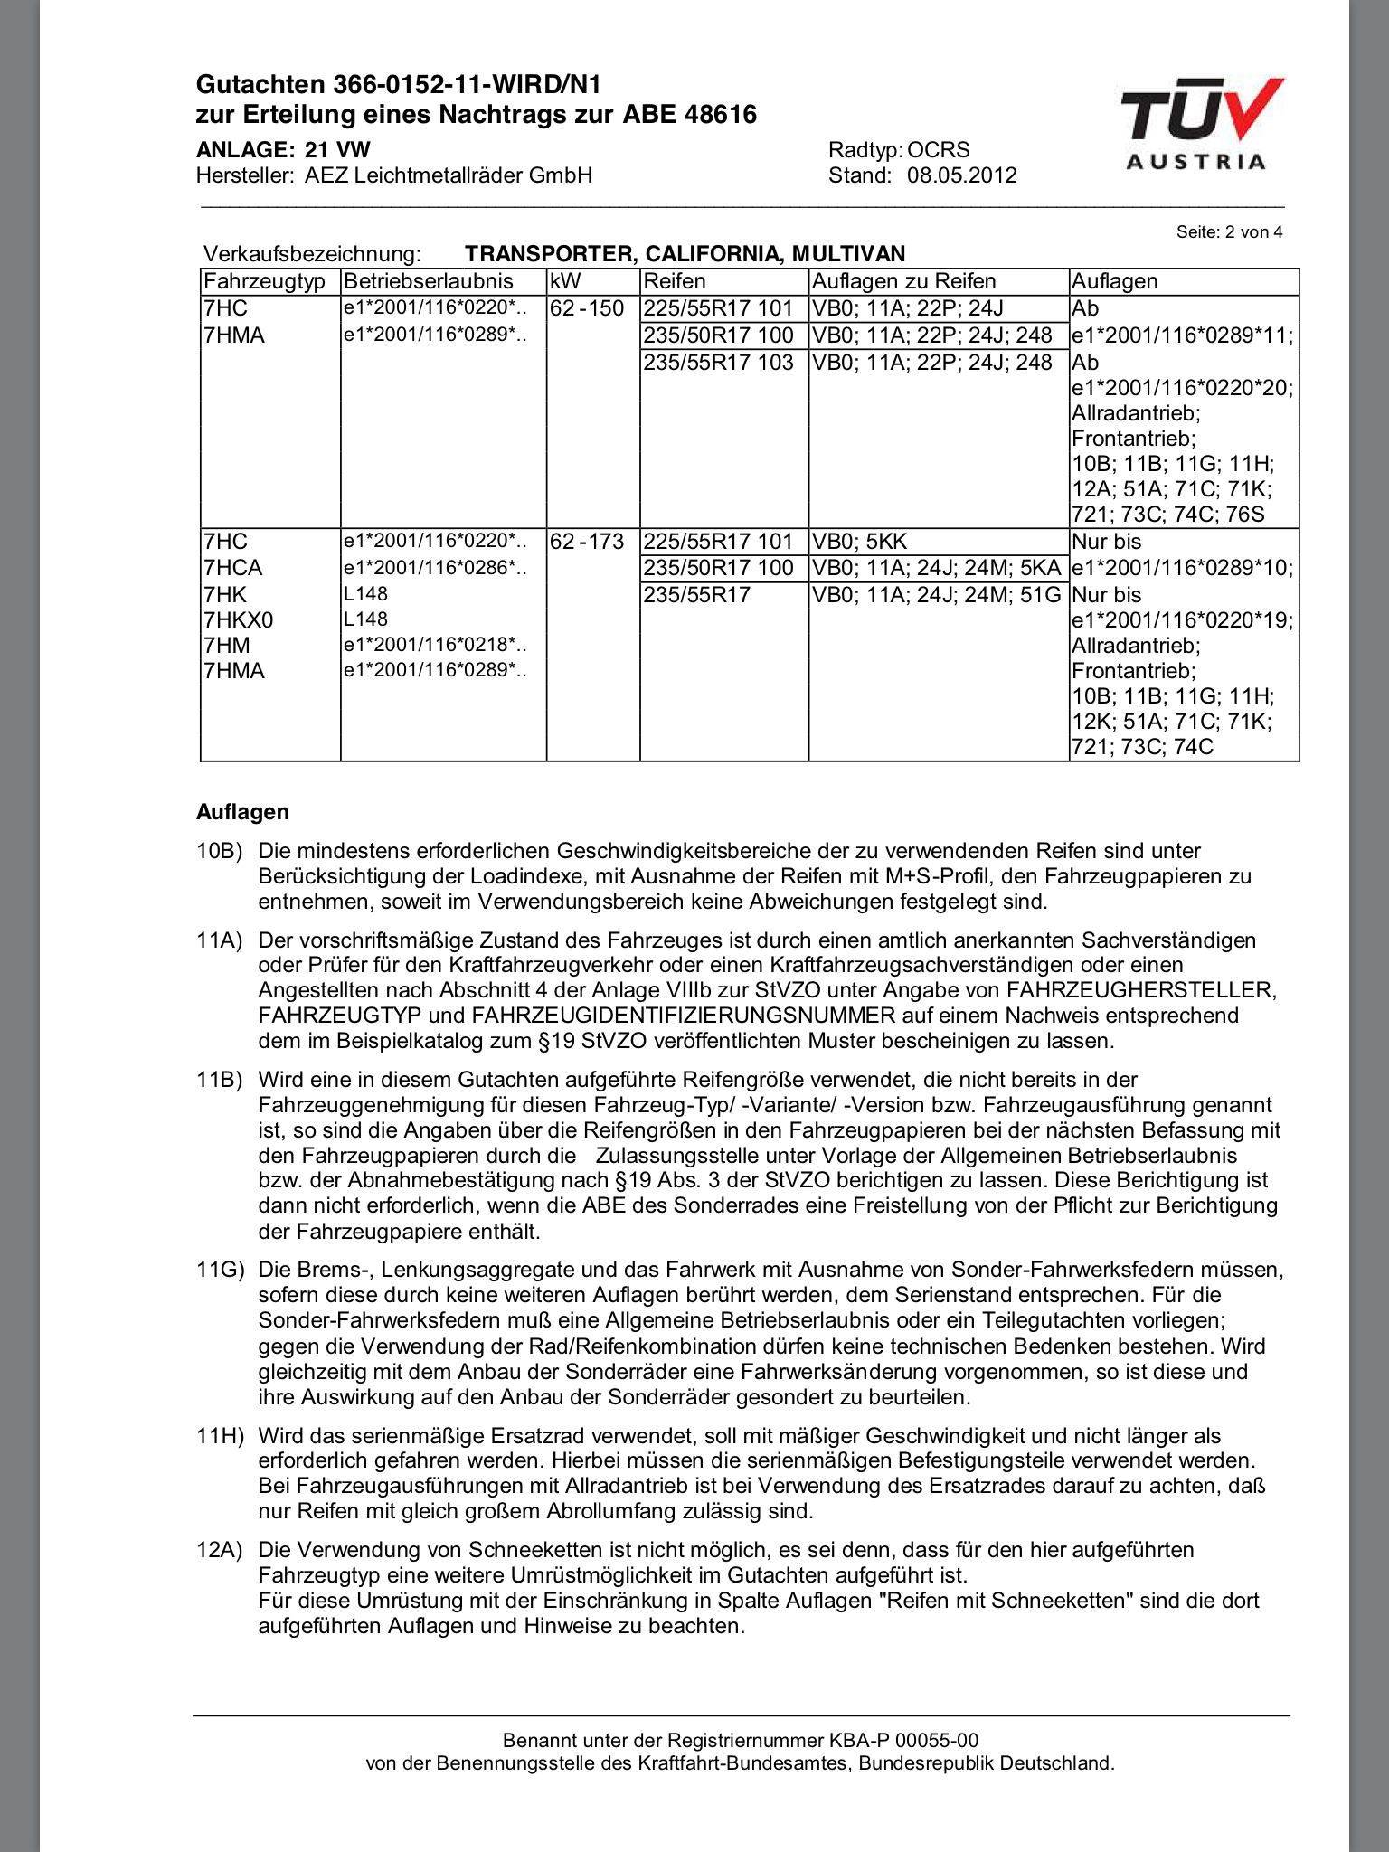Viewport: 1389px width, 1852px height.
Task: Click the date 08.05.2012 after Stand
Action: point(962,175)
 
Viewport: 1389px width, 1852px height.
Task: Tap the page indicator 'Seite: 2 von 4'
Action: point(1229,232)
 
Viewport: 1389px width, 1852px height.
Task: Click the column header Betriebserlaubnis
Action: point(429,281)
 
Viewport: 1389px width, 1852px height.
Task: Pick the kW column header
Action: point(565,281)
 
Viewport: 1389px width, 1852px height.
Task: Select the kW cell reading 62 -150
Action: point(587,308)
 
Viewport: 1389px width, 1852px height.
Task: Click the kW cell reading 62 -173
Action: point(587,542)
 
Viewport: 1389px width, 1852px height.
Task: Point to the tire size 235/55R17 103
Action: point(718,363)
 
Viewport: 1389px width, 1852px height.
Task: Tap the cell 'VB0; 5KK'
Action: point(859,542)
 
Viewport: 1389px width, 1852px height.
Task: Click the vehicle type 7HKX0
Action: point(239,620)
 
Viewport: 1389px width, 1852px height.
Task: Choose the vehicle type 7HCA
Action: point(233,568)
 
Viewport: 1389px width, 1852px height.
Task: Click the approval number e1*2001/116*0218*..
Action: point(434,646)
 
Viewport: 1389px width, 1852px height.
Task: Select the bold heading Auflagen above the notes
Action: point(242,812)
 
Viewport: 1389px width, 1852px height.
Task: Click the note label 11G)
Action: point(220,1271)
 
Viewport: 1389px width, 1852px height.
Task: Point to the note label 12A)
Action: point(220,1550)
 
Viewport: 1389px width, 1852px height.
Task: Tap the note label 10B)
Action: point(220,851)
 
